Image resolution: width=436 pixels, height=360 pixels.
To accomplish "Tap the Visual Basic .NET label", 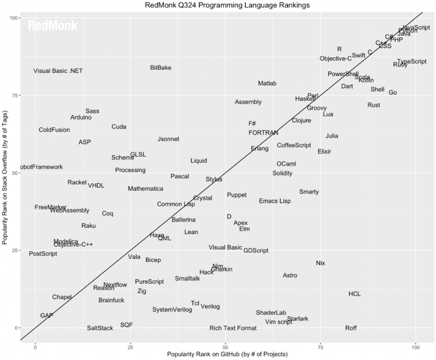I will [x=58, y=70].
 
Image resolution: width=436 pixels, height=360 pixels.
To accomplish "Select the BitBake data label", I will [x=161, y=67].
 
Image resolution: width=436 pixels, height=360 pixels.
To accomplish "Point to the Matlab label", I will [x=267, y=83].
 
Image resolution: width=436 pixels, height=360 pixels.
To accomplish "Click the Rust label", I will [x=373, y=105].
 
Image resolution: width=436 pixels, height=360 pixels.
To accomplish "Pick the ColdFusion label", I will [x=54, y=129].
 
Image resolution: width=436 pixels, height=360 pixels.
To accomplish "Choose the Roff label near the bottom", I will [x=351, y=327].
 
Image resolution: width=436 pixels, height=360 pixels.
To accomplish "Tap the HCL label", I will [x=355, y=294].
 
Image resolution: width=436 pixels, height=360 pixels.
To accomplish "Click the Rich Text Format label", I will [x=233, y=328].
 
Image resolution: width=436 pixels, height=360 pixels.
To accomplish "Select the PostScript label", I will [x=43, y=253].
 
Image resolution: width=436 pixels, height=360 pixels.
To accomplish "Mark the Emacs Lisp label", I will [x=275, y=200].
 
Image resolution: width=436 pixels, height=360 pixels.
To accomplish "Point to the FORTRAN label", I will [x=263, y=132].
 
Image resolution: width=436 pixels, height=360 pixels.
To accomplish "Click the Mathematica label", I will [x=145, y=188].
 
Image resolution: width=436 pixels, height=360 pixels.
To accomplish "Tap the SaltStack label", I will [x=100, y=328].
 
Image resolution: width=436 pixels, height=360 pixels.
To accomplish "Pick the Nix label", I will [x=320, y=263].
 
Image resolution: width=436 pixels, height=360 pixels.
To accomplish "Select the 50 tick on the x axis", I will [x=225, y=347].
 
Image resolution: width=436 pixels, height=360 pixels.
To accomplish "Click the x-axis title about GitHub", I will [x=227, y=355].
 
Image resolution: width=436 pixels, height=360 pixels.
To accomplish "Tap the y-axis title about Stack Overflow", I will [x=5, y=177].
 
